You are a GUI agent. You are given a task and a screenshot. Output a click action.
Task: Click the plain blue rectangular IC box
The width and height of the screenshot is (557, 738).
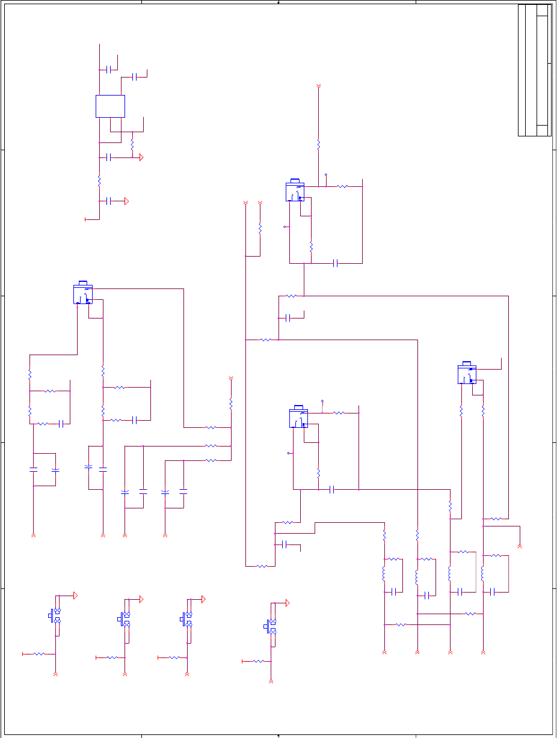[x=110, y=106]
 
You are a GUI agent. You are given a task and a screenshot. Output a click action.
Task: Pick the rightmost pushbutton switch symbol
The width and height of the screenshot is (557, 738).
[x=271, y=626]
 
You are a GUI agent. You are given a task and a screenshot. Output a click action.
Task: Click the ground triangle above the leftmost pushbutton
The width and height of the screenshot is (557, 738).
[x=76, y=595]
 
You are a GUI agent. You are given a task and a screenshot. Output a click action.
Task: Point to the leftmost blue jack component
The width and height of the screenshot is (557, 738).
[x=82, y=293]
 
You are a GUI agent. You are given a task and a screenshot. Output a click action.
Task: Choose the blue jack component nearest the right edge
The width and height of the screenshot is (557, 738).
[x=467, y=374]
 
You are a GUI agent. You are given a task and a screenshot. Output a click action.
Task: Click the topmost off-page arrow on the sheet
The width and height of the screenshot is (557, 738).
[x=318, y=88]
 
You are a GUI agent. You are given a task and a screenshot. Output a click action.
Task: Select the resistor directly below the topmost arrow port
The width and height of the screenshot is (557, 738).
[x=318, y=145]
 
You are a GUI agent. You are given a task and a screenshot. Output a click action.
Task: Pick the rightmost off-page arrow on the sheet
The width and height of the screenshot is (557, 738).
[x=520, y=545]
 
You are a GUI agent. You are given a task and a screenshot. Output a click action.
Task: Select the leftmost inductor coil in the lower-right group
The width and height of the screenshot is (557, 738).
[x=384, y=574]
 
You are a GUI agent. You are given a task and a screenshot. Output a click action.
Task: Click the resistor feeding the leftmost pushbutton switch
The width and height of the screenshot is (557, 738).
[x=39, y=653]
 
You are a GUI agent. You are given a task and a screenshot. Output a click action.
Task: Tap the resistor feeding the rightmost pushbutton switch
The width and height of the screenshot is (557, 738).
[x=258, y=661]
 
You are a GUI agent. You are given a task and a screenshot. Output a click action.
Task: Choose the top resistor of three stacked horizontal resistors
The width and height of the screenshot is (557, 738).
[x=211, y=427]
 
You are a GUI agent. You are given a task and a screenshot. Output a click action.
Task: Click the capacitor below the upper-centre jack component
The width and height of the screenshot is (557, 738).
[x=335, y=263]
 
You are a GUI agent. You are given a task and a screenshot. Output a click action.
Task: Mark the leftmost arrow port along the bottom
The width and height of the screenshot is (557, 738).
[x=33, y=534]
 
